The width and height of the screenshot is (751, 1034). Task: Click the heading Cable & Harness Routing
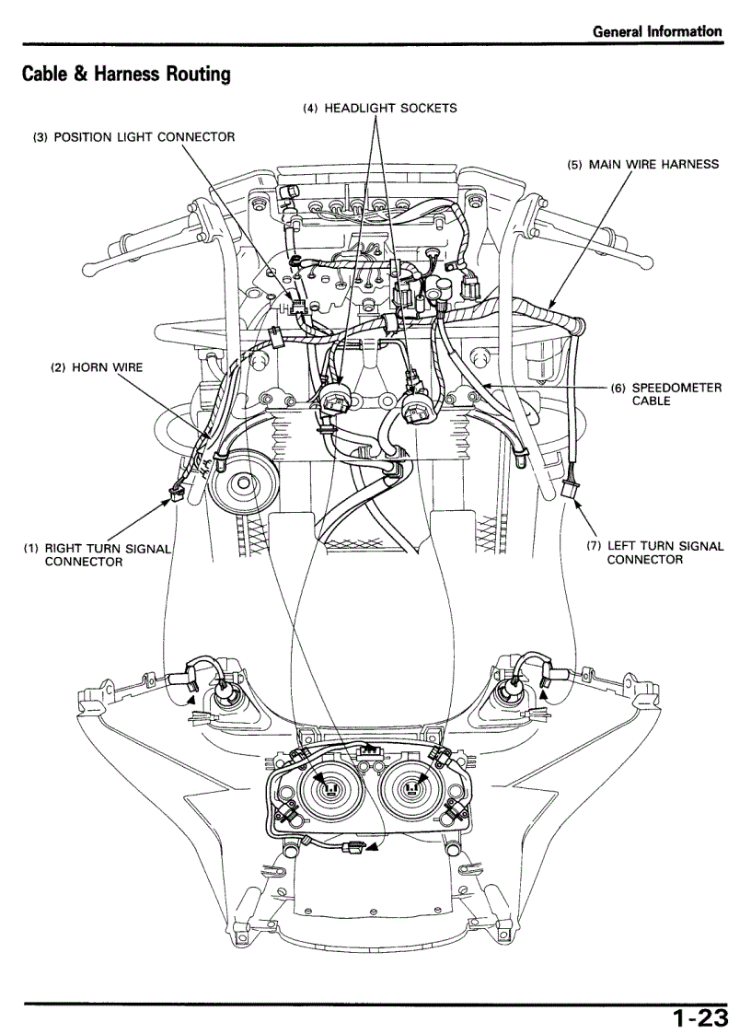pyautogui.click(x=126, y=74)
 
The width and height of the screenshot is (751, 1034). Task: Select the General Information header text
pyautogui.click(x=657, y=31)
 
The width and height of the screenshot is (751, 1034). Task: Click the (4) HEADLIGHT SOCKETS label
pyautogui.click(x=380, y=108)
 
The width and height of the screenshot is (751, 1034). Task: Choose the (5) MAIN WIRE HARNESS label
pyautogui.click(x=642, y=165)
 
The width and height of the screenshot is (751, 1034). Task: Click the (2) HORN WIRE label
pyautogui.click(x=97, y=367)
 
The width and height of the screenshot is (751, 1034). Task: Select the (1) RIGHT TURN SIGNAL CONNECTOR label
pyautogui.click(x=97, y=554)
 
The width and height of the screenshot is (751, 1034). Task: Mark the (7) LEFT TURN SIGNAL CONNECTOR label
pyautogui.click(x=655, y=552)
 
